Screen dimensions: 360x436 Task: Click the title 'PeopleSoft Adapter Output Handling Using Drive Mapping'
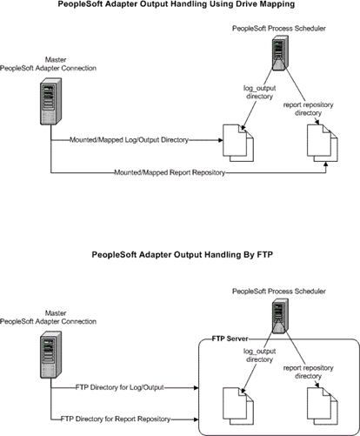tap(177, 4)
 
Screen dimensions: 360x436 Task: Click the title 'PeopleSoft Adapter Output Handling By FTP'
tap(183, 255)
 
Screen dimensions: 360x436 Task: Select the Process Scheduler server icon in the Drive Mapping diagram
tap(280, 53)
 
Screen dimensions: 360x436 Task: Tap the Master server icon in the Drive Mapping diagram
tap(50, 101)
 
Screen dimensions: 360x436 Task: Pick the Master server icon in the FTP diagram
tap(50, 354)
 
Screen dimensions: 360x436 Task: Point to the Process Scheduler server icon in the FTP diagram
tap(280, 316)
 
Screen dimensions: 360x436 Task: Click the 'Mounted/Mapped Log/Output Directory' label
tap(129, 140)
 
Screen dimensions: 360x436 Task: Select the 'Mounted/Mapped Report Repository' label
tap(170, 172)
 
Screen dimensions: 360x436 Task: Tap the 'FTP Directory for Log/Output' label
tap(120, 387)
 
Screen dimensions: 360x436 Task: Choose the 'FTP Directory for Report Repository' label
tap(116, 419)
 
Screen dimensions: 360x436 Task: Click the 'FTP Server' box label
tap(230, 339)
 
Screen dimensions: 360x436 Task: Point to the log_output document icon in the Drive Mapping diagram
tap(238, 143)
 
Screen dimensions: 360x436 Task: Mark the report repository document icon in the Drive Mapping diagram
tap(323, 143)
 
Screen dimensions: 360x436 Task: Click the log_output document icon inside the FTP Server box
tap(238, 406)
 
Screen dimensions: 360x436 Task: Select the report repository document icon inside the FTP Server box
tap(323, 406)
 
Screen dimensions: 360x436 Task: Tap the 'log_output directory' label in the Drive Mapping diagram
tap(259, 92)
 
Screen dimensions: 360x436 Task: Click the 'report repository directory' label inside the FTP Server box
tap(308, 372)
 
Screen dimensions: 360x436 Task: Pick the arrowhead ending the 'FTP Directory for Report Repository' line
tap(197, 419)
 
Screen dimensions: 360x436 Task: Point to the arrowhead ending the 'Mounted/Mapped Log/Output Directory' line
tap(221, 140)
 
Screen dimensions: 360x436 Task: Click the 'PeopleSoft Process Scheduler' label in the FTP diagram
tap(279, 292)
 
